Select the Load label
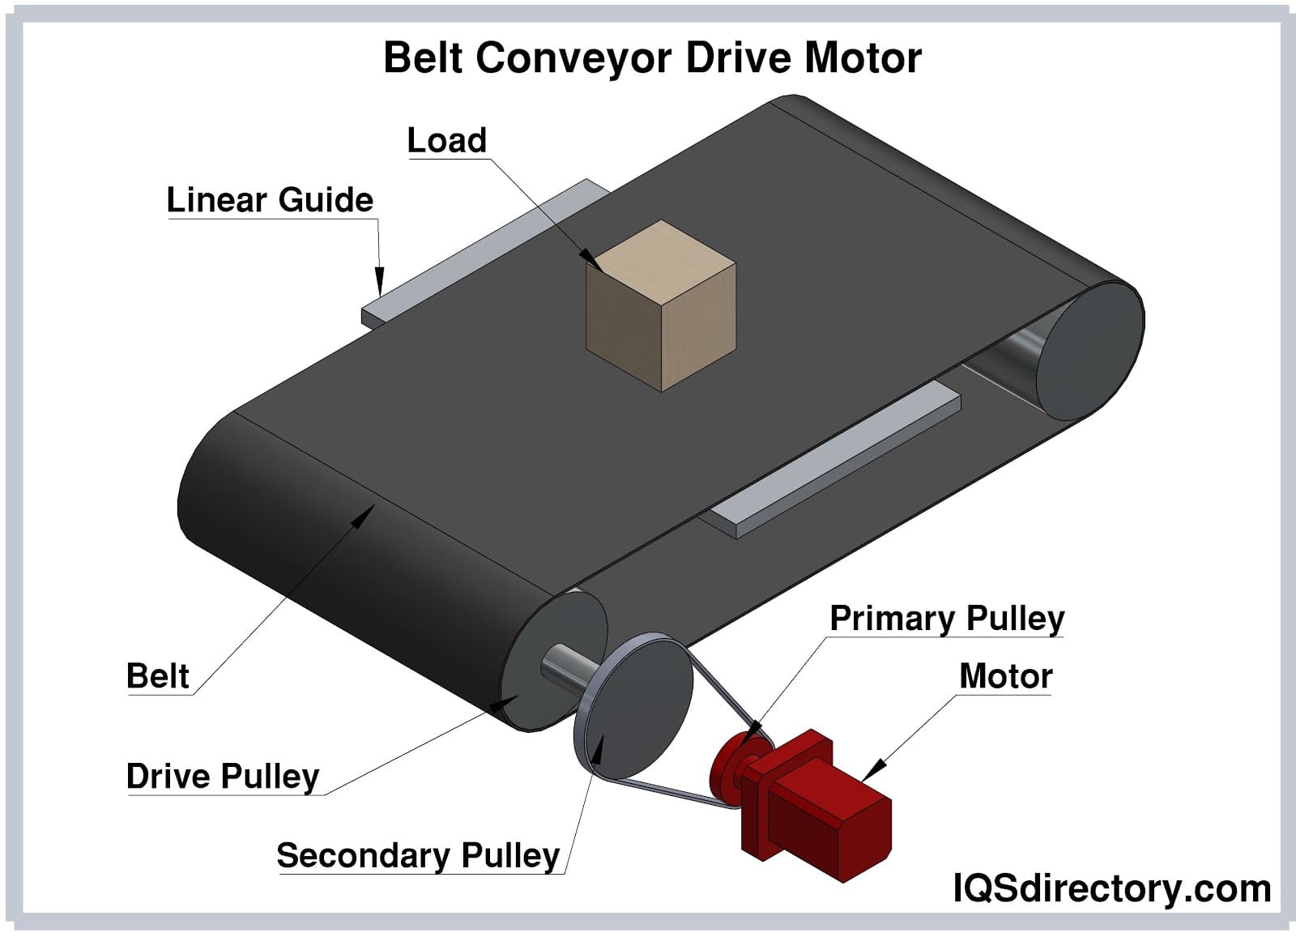coord(446,140)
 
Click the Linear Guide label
coord(270,200)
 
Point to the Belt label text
coord(158,676)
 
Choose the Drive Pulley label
coord(223,776)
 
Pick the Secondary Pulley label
coord(418,855)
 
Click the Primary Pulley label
coord(947,619)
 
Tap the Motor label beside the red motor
coord(1005,676)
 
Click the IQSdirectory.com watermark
coord(1111,888)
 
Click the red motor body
coord(826,818)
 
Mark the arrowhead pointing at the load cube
coord(591,261)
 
